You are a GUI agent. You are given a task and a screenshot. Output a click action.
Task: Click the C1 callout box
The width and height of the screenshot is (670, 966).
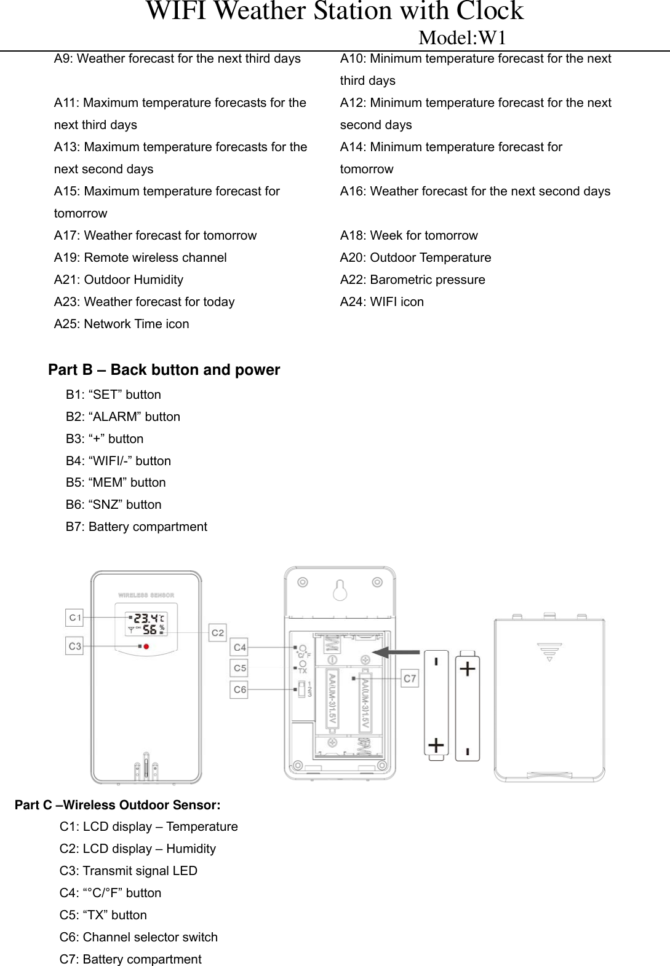(74, 618)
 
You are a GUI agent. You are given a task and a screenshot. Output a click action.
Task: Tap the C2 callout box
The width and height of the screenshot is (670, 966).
(218, 632)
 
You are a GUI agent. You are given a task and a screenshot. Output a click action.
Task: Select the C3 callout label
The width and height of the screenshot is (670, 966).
(74, 646)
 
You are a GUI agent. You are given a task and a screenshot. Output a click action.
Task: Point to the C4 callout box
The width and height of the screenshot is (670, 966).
(239, 647)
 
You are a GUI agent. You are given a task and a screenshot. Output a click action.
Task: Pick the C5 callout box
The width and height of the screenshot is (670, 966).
(239, 668)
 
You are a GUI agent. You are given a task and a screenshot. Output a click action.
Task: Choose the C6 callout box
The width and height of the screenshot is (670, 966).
(239, 689)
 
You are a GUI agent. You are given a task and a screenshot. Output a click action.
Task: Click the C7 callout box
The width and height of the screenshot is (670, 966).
(410, 678)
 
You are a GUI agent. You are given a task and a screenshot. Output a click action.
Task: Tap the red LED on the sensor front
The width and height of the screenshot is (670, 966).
(146, 646)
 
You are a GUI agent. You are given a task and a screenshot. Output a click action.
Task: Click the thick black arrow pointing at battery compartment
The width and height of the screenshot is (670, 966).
(396, 652)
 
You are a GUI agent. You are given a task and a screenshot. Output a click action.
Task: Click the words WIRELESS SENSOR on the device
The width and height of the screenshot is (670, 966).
(146, 595)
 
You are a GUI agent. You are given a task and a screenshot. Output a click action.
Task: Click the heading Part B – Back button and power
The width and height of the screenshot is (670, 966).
(164, 370)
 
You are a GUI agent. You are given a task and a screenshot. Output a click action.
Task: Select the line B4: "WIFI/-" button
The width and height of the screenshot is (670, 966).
(118, 461)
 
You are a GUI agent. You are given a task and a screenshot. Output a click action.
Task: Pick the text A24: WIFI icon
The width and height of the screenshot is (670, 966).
(381, 302)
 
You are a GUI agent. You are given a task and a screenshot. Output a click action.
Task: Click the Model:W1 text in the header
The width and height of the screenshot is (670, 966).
(462, 38)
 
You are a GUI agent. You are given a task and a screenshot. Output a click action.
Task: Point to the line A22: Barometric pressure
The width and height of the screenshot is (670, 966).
(412, 280)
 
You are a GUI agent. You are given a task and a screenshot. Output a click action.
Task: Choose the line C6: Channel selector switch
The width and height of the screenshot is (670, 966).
(138, 937)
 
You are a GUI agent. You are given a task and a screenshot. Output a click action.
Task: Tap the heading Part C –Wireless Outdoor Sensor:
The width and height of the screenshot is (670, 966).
(118, 805)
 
